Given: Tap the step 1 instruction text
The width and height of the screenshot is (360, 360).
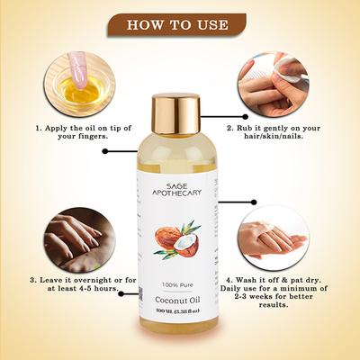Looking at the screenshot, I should (x=76, y=132).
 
